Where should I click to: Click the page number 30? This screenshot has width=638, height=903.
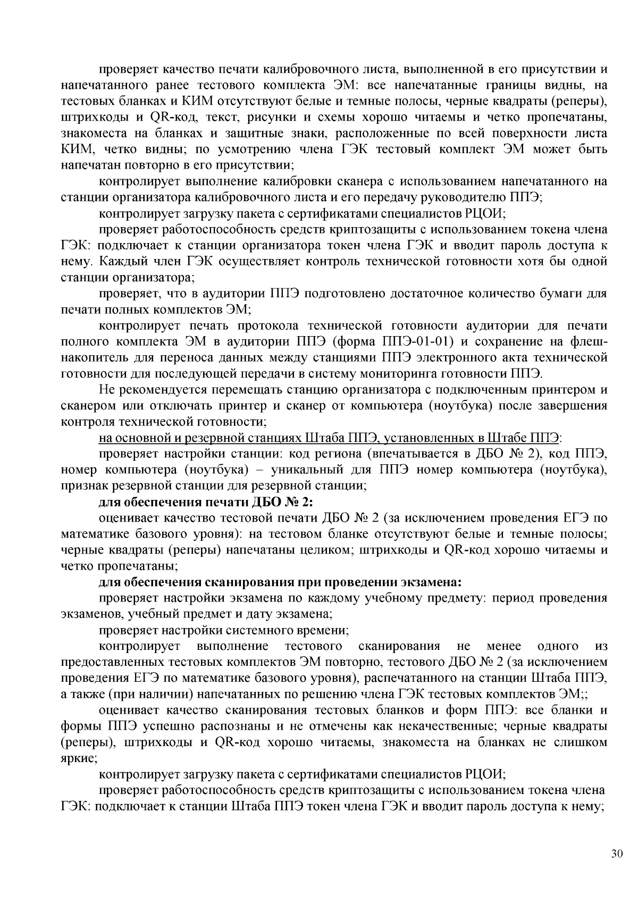tap(617, 854)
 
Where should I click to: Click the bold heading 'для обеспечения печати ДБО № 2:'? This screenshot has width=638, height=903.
tap(207, 502)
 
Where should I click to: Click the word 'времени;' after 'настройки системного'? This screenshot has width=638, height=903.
tap(327, 631)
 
